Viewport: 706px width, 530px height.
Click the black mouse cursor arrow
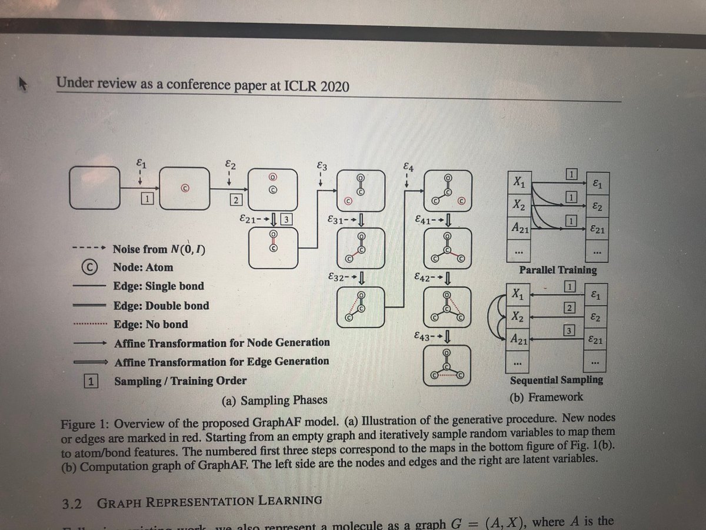point(22,85)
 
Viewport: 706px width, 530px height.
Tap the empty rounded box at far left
point(94,188)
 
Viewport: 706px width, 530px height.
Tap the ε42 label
point(425,276)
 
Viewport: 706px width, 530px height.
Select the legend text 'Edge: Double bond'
point(161,306)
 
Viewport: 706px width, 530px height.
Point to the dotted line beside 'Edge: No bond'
point(89,324)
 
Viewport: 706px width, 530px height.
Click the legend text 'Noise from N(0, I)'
point(159,249)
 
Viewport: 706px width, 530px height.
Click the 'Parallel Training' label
point(557,270)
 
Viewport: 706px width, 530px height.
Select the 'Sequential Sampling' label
point(556,380)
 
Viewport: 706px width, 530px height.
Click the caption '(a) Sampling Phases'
point(274,400)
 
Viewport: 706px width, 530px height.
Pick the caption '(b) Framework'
point(546,397)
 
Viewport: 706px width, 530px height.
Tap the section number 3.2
point(72,503)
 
